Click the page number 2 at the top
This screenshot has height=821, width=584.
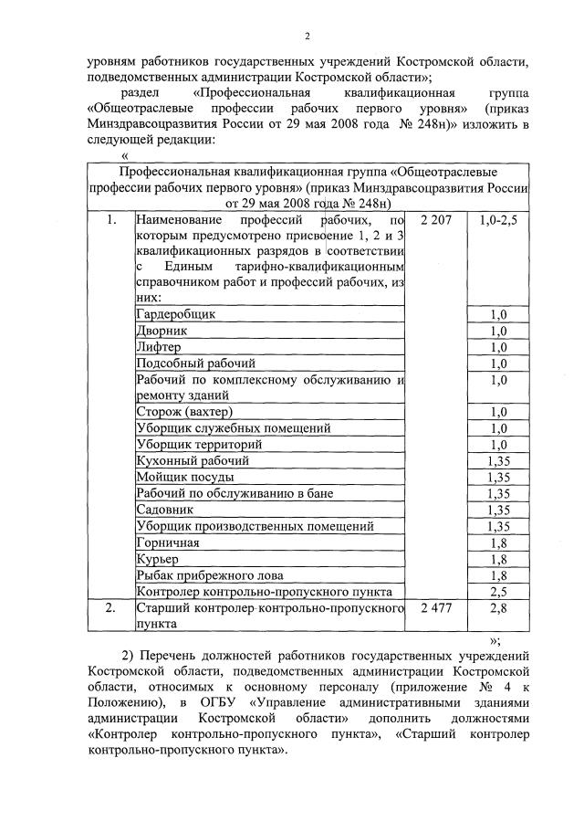click(x=307, y=36)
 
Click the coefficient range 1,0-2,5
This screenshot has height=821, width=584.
click(x=498, y=221)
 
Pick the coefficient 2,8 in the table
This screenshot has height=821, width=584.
click(x=498, y=608)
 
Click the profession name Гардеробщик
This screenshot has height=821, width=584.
click(x=176, y=314)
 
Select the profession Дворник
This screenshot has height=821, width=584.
click(x=162, y=331)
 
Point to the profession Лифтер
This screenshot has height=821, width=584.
click(x=159, y=347)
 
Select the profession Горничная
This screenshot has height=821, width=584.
click(x=167, y=542)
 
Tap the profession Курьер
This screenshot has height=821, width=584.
click(x=156, y=559)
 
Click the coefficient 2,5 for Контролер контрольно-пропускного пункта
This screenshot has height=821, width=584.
click(x=498, y=592)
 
